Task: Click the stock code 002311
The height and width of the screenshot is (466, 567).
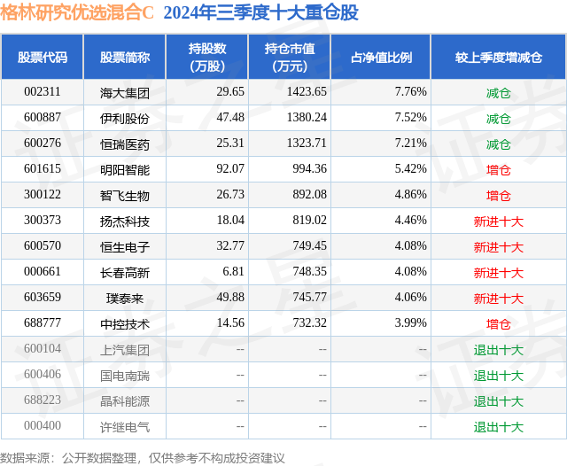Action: (x=43, y=92)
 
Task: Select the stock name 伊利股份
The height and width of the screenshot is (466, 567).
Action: (x=125, y=118)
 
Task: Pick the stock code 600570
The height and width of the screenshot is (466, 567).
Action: (x=43, y=247)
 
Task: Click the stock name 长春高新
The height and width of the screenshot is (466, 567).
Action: (x=125, y=273)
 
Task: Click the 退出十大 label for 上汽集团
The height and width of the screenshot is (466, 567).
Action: (x=498, y=350)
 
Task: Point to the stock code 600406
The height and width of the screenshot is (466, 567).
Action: (x=43, y=376)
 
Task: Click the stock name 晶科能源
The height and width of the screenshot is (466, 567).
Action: (x=125, y=401)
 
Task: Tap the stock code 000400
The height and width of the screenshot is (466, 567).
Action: (x=43, y=427)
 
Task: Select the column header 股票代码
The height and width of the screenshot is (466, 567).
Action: (x=43, y=58)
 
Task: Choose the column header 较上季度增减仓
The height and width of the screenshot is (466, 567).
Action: (x=498, y=58)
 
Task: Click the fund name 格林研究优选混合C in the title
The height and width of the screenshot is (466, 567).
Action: (x=77, y=14)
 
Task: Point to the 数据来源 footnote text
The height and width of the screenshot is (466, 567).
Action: (x=142, y=457)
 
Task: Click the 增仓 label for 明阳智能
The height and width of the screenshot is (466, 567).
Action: (x=498, y=169)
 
